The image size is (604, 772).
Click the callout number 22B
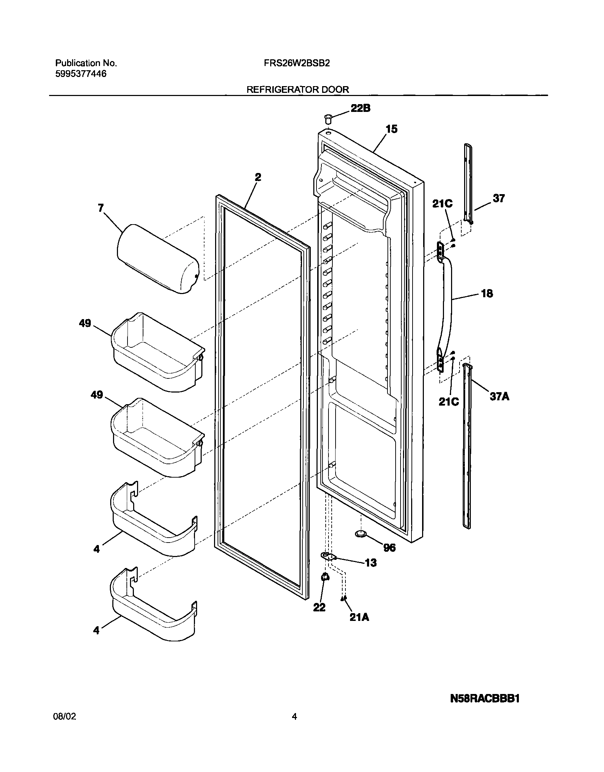[x=360, y=108]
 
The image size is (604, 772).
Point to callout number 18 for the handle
[x=487, y=293]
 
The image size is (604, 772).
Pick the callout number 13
[x=371, y=562]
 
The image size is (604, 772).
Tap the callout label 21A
[x=359, y=617]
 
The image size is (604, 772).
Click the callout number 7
[x=101, y=208]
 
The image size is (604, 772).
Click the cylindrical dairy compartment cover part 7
[x=158, y=259]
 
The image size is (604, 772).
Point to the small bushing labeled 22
[x=324, y=577]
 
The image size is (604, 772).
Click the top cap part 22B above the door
[x=328, y=118]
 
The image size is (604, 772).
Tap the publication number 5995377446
[x=81, y=74]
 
